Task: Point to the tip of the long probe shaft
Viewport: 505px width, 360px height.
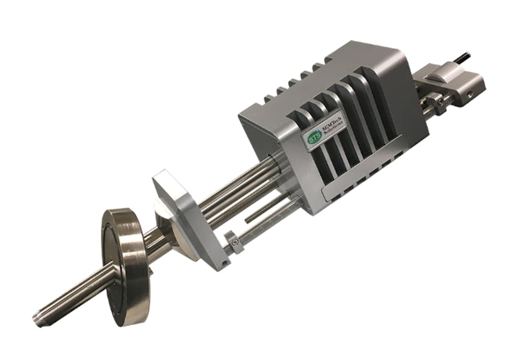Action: pyautogui.click(x=38, y=318)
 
